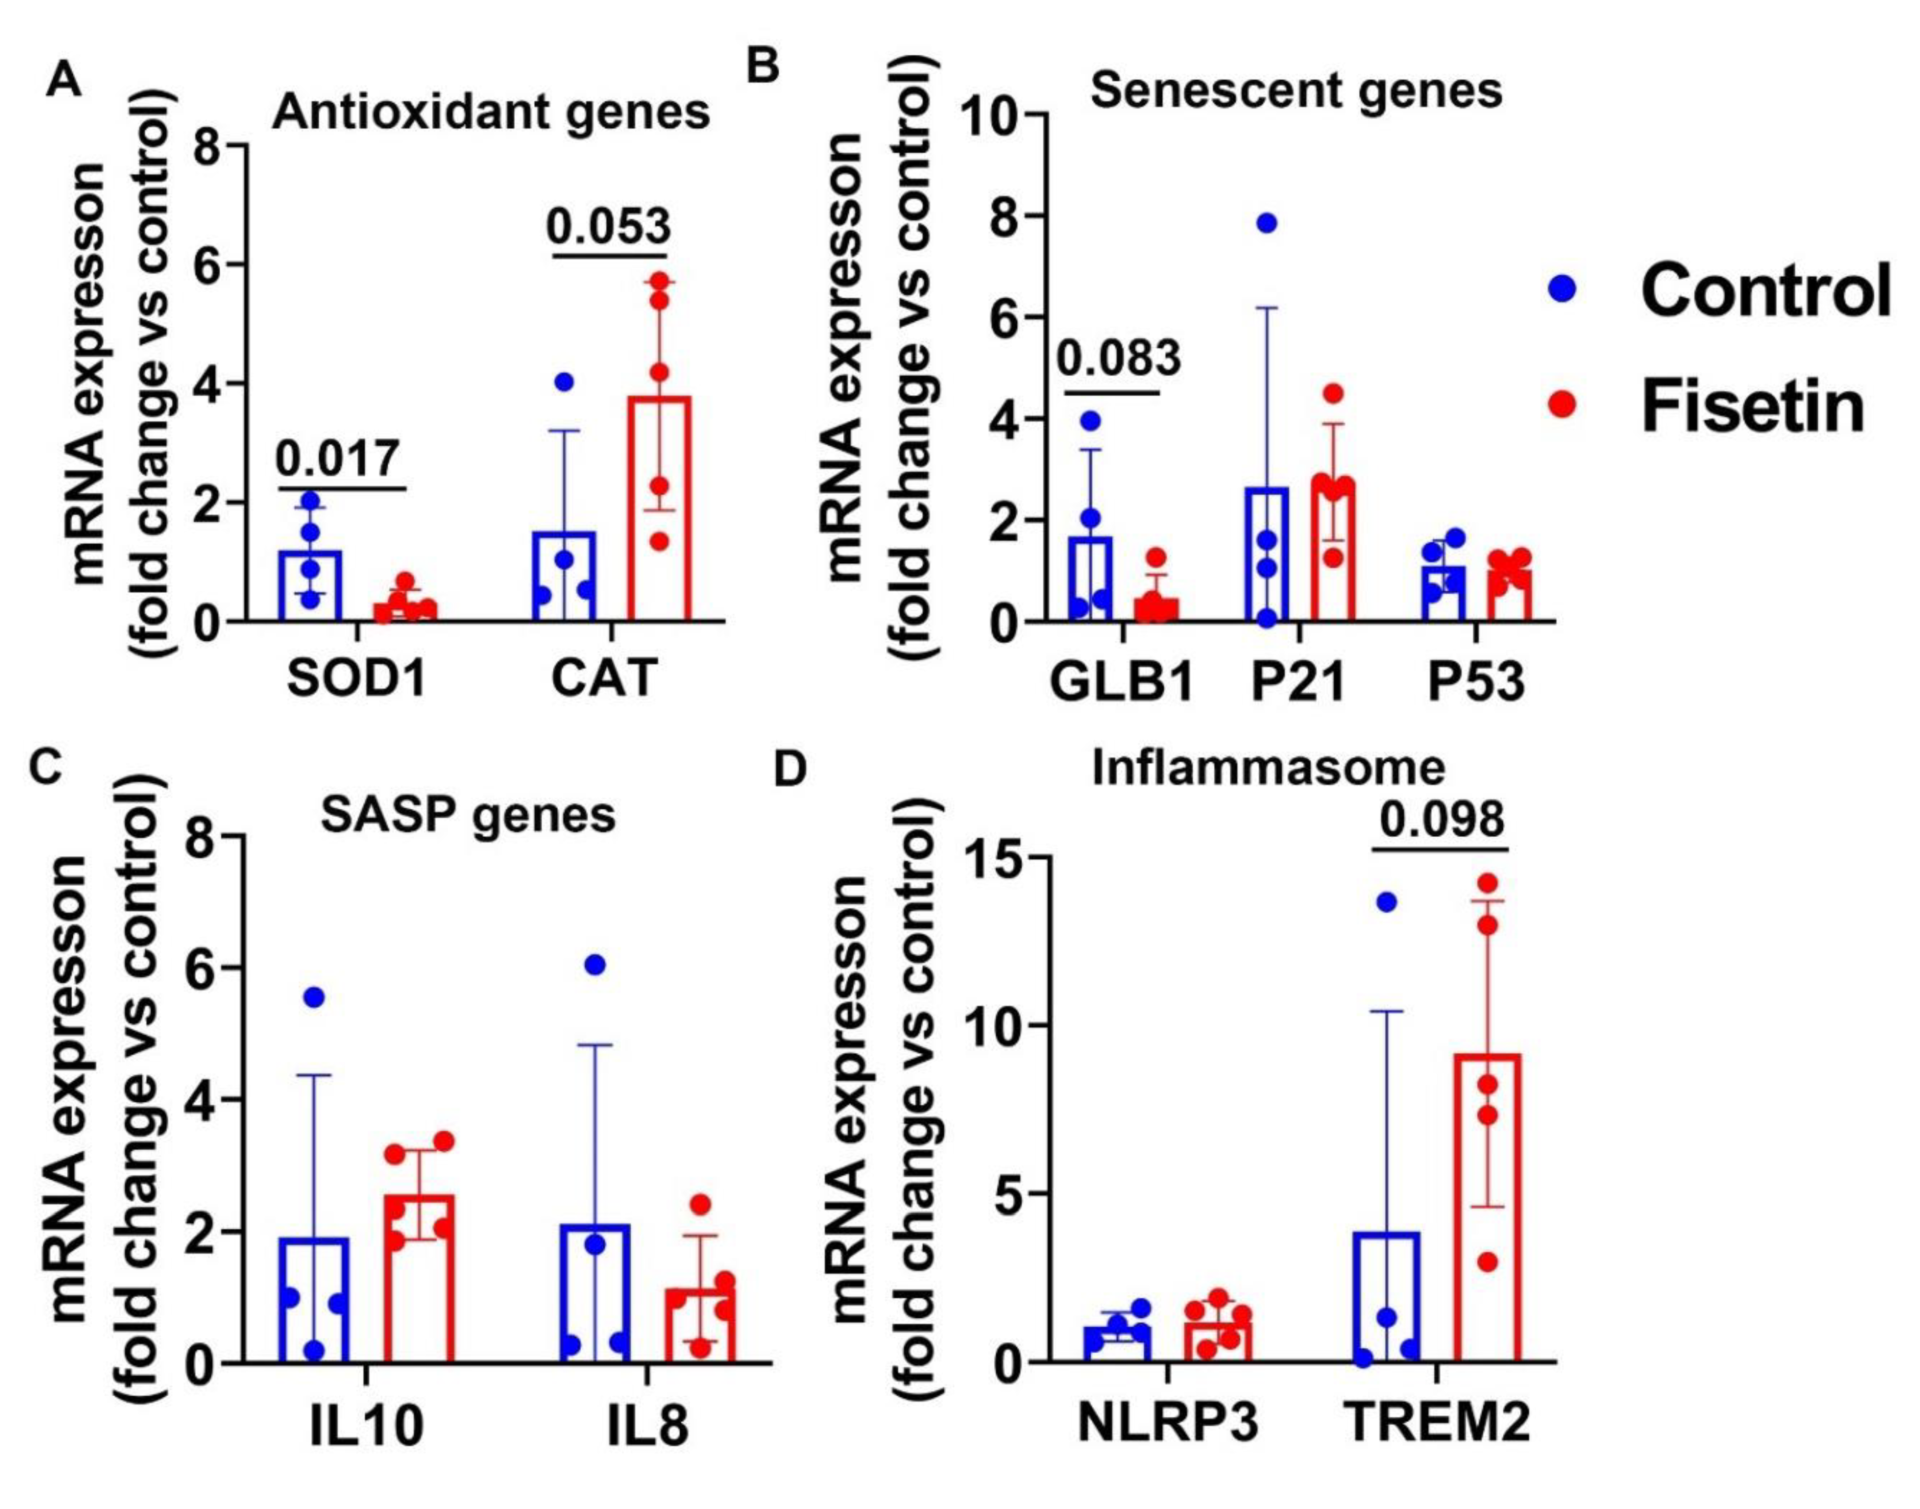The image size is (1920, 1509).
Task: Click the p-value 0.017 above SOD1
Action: (338, 458)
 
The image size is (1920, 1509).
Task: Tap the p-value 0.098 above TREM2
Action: (1441, 819)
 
